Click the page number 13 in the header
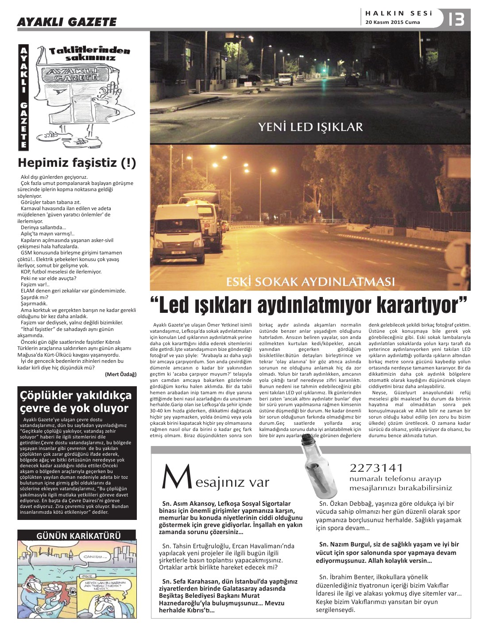tap(457, 19)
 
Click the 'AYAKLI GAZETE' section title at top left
tap(66, 22)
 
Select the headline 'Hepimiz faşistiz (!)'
tap(77, 163)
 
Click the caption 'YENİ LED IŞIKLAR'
tap(310, 127)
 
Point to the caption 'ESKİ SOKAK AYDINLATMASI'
tap(310, 282)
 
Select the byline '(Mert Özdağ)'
tap(121, 374)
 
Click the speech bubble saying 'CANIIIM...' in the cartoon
tap(97, 556)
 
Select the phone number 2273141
tap(376, 468)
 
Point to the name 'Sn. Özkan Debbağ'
tap(346, 504)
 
